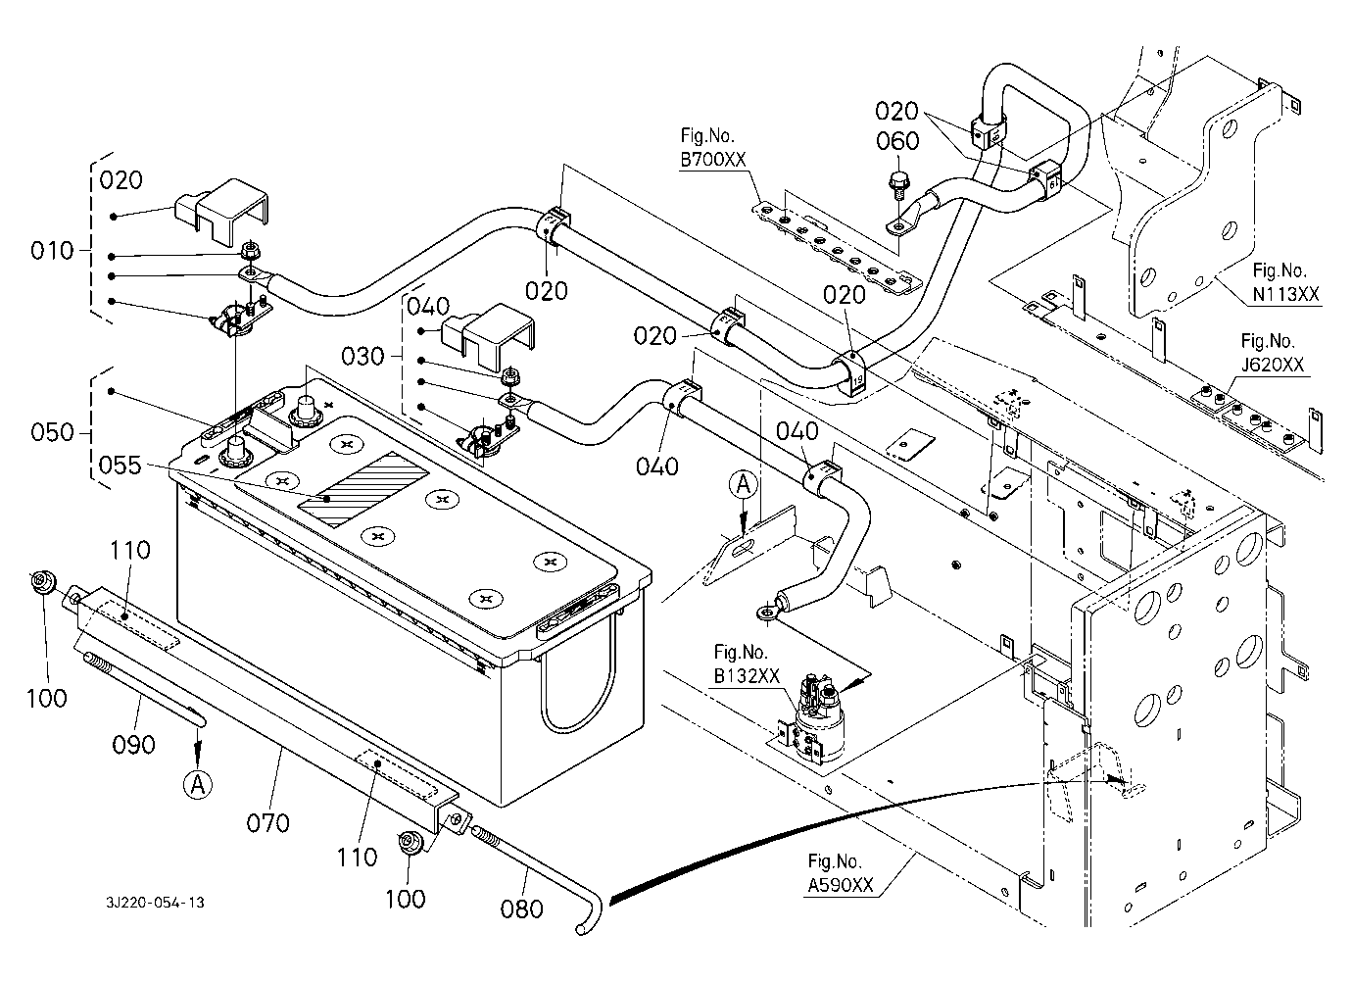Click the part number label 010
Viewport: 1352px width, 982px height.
point(53,251)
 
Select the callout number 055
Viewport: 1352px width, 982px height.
point(120,466)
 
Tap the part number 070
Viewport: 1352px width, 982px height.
point(267,821)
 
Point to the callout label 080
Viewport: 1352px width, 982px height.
point(521,908)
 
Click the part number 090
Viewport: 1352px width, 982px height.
point(133,745)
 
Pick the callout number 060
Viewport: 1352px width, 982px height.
point(897,141)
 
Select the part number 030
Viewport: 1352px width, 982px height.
point(362,356)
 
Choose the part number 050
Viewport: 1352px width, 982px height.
point(53,432)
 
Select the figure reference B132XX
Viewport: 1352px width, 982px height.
point(747,675)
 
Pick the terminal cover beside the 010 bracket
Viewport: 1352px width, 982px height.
point(224,205)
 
